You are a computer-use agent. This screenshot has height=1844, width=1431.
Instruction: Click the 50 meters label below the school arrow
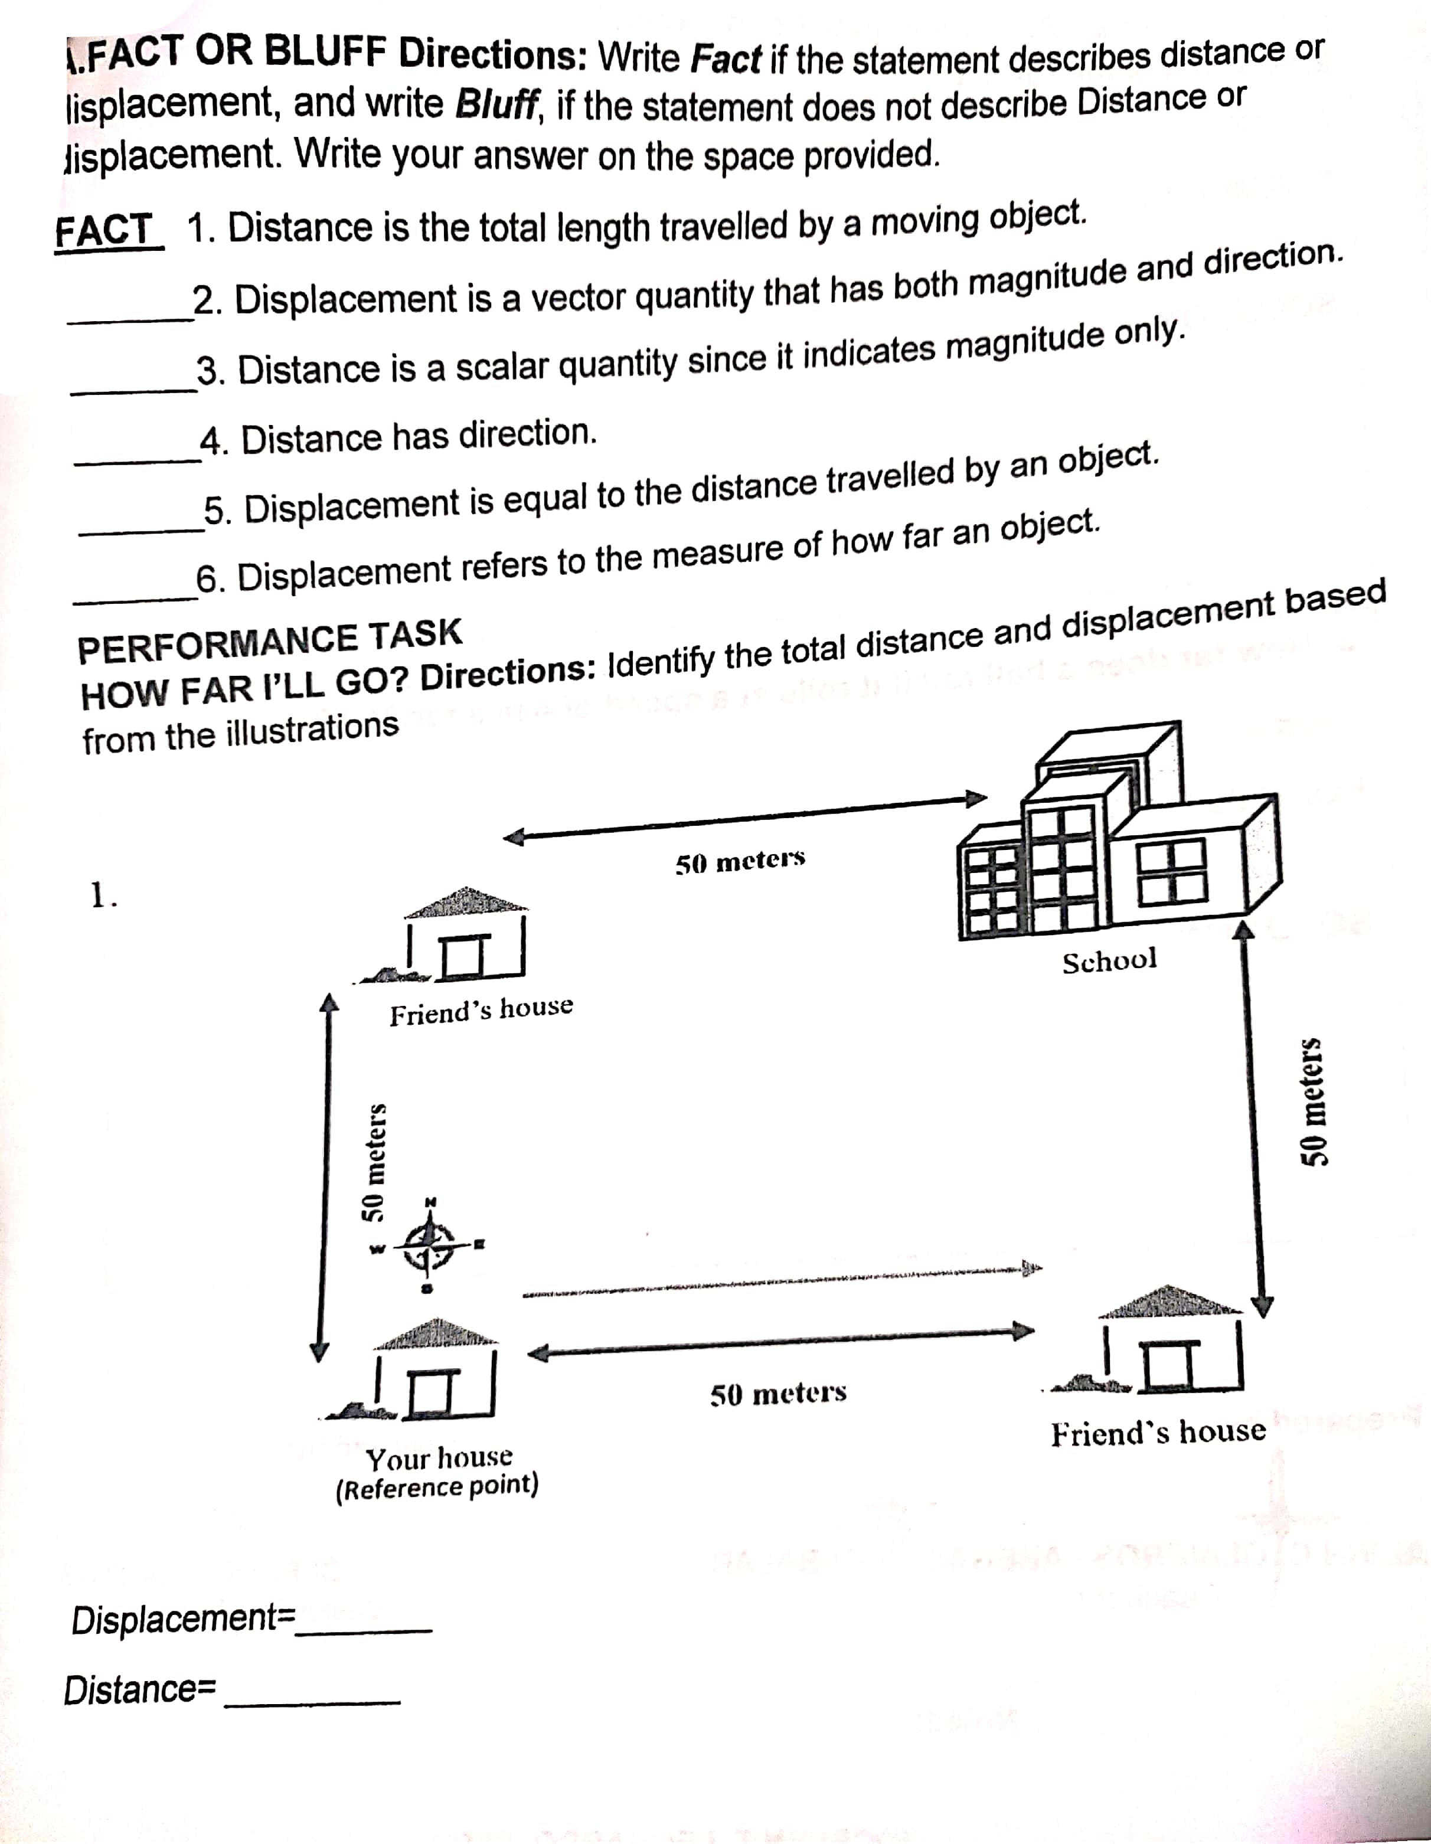click(740, 862)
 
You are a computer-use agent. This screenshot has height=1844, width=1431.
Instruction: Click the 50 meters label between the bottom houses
click(777, 1392)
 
